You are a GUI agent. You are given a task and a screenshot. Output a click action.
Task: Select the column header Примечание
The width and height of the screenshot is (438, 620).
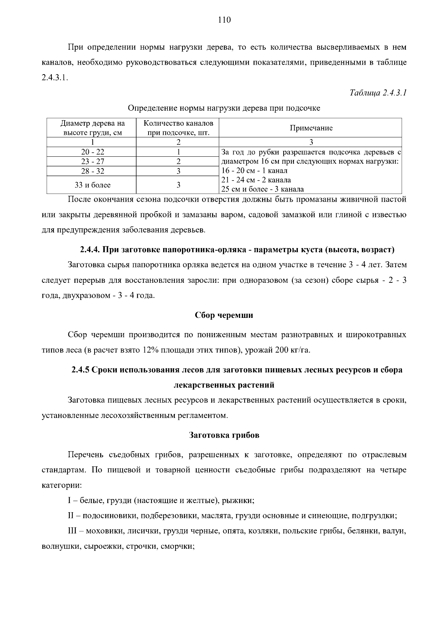[x=311, y=128]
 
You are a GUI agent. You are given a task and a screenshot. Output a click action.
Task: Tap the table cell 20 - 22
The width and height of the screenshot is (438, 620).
[x=92, y=152]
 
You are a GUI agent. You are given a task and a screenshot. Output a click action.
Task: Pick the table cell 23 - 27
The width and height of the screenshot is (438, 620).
[x=92, y=161]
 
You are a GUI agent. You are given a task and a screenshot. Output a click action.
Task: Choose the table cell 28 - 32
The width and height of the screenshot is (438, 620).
[x=92, y=171]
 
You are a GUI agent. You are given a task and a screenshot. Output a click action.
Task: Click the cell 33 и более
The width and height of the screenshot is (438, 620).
[x=92, y=185]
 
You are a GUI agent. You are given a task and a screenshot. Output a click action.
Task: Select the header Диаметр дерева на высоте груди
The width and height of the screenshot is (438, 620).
[x=92, y=128]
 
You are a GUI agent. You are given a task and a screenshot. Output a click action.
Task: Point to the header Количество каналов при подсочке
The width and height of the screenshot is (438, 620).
[x=178, y=128]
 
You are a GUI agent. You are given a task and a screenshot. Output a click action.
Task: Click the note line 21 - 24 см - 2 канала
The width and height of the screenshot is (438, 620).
[x=256, y=180]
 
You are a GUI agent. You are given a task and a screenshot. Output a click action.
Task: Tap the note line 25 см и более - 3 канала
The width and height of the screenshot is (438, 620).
[x=262, y=189]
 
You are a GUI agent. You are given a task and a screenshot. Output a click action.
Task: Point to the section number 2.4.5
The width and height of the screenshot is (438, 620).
[x=80, y=370]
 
